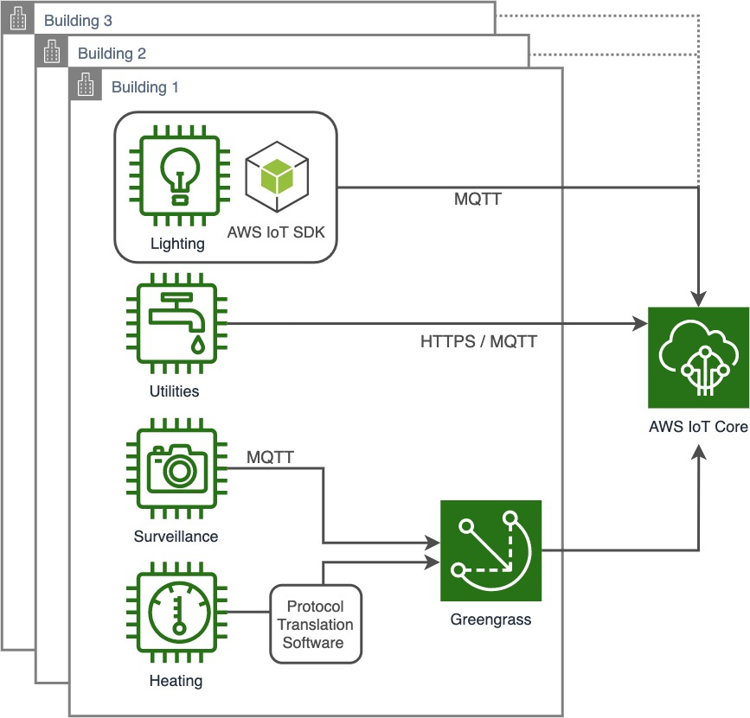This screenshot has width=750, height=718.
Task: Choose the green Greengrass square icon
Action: point(490,550)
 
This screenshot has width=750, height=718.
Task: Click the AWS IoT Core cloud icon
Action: point(699,358)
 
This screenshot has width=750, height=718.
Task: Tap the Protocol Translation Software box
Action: point(315,624)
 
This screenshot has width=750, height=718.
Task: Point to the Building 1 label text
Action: point(145,87)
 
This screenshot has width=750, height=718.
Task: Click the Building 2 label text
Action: point(112,54)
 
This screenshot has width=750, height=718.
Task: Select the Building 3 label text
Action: point(78,20)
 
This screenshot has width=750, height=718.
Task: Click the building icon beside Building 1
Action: point(86,86)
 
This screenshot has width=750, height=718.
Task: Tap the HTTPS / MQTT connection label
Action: point(478,341)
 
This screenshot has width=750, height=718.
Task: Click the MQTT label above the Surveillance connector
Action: point(270,456)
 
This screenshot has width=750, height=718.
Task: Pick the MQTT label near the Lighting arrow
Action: point(478,200)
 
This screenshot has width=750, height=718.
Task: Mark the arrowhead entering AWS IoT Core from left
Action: point(640,325)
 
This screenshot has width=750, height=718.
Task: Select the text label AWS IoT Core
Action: point(698,426)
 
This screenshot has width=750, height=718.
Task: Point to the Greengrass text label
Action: point(490,620)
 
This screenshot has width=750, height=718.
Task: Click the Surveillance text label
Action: point(176,536)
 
